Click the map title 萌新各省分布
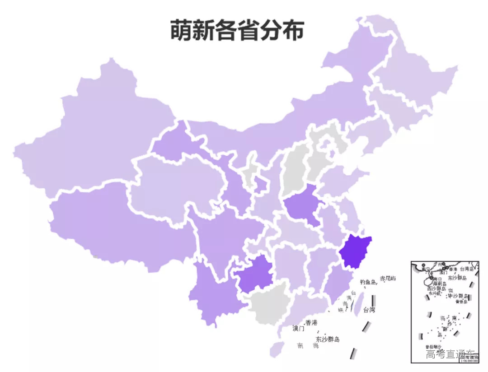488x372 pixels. click(x=237, y=30)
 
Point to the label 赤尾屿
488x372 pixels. click(x=388, y=279)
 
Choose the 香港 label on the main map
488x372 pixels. click(x=311, y=323)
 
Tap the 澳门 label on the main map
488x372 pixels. click(x=298, y=329)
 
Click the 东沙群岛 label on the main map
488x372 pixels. click(x=328, y=339)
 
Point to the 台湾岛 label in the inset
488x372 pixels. click(x=467, y=269)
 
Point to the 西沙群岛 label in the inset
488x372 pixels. click(x=436, y=289)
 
